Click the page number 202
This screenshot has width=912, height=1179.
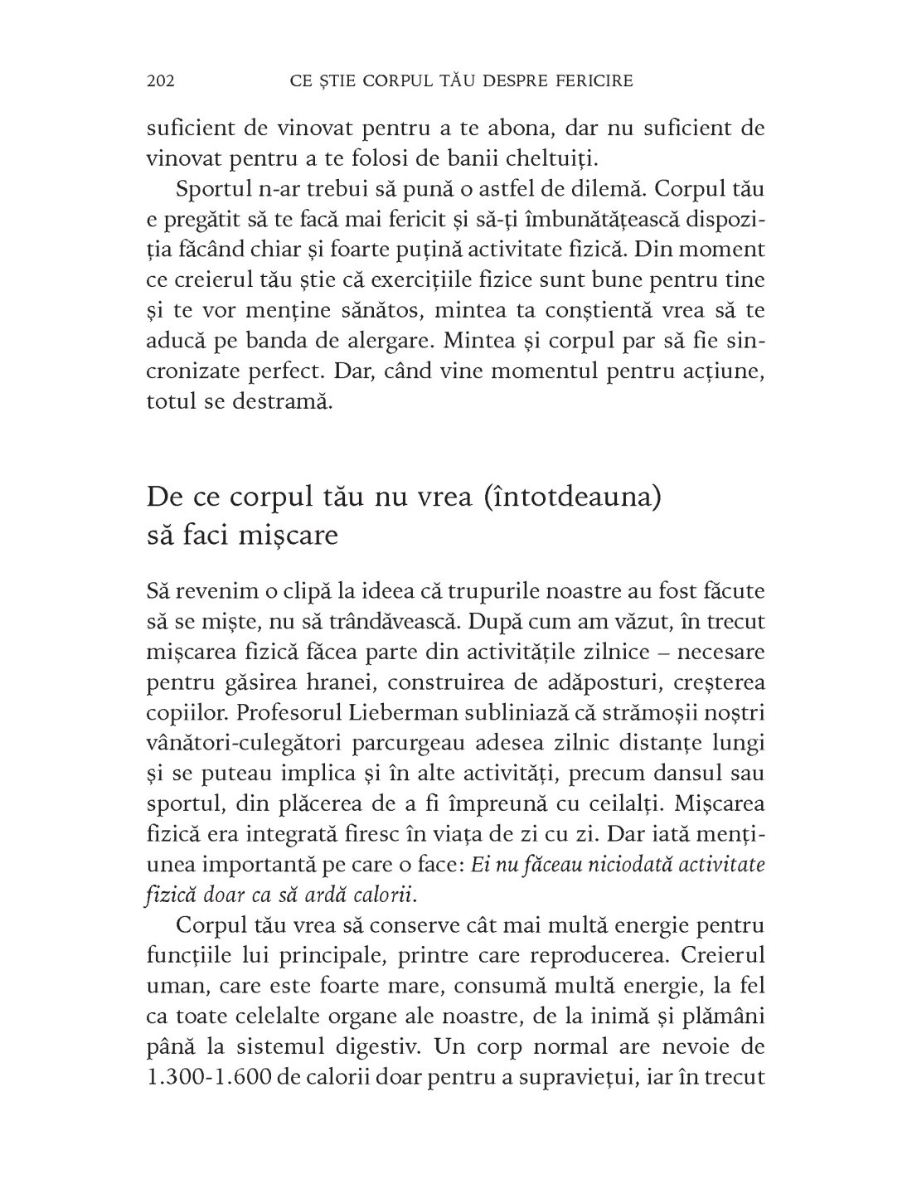tap(159, 80)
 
